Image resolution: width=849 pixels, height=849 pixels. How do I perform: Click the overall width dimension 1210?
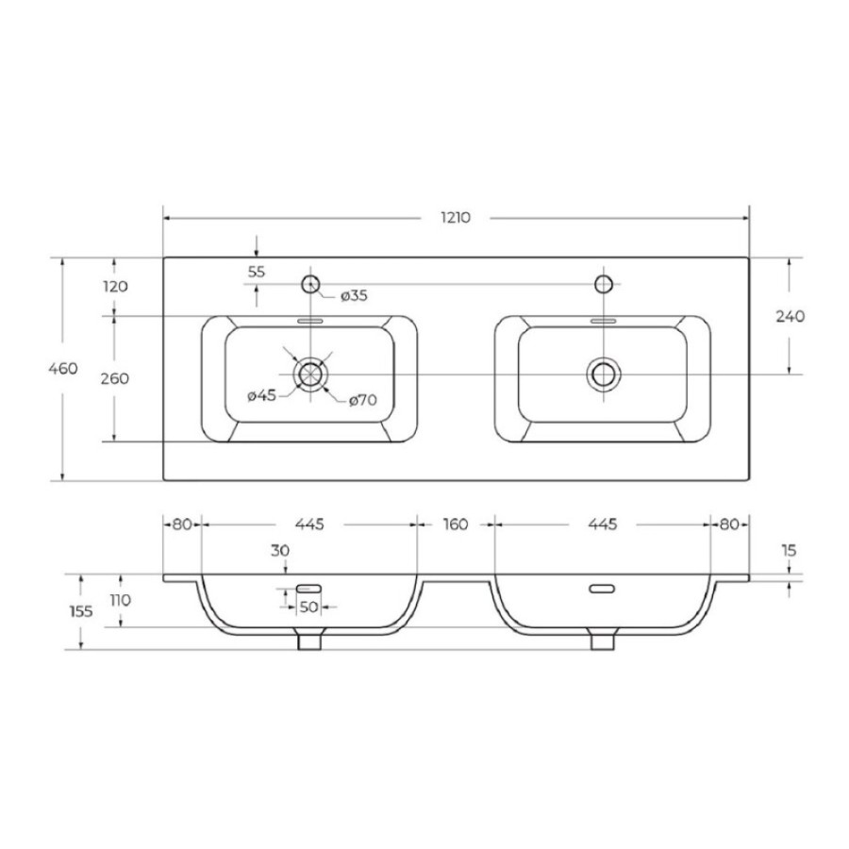[x=456, y=218]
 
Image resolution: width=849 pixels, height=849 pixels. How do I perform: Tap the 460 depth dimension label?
[x=63, y=369]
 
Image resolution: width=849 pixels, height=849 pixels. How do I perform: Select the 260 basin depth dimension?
[x=115, y=378]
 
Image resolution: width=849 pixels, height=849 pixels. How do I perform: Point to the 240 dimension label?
[x=790, y=316]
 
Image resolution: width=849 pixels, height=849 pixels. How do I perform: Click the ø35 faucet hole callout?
[x=354, y=296]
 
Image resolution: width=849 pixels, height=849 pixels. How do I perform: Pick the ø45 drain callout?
[x=262, y=396]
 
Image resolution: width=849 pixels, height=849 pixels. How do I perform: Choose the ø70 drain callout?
[x=363, y=401]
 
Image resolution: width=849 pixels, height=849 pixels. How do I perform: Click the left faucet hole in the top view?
[x=310, y=284]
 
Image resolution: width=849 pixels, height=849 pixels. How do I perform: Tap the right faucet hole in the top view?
[x=604, y=284]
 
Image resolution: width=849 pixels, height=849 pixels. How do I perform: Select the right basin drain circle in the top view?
[x=604, y=375]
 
